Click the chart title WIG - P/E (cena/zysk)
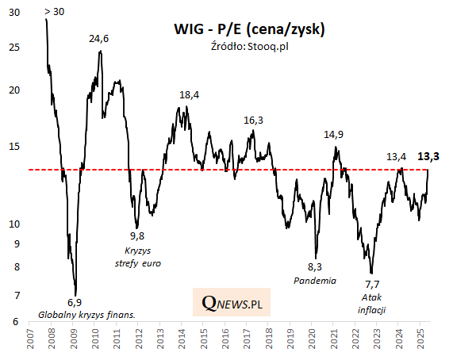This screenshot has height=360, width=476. click(x=249, y=30)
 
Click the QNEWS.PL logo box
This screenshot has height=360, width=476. click(x=232, y=303)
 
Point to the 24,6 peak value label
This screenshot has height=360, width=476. click(x=98, y=38)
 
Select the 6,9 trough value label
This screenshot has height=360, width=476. click(x=75, y=302)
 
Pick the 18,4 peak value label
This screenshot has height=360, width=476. click(x=190, y=95)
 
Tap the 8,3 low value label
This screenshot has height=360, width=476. click(x=315, y=266)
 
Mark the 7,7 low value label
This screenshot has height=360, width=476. click(x=372, y=283)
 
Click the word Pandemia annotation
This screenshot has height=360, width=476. click(x=315, y=281)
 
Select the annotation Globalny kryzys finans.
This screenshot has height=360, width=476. click(x=87, y=315)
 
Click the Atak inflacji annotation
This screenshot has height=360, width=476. click(x=372, y=303)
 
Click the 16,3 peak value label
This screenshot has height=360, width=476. click(x=253, y=121)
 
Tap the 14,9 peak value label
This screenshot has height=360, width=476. click(x=334, y=135)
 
